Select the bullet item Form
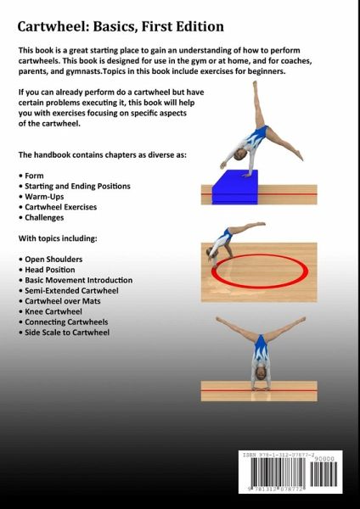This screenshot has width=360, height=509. [x=31, y=176]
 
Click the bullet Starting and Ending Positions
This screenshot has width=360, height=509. [x=75, y=187]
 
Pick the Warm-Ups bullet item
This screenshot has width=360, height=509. [x=42, y=197]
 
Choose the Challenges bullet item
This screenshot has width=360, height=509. [x=42, y=217]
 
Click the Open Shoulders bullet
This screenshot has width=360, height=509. [x=51, y=260]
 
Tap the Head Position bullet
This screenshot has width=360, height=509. [x=47, y=270]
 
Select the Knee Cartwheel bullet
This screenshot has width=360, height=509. [x=50, y=311]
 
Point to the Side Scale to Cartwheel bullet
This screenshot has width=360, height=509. [x=65, y=333]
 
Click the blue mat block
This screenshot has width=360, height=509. [x=235, y=187]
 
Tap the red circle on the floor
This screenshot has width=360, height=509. [x=260, y=255]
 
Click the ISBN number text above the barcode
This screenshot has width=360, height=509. [x=278, y=455]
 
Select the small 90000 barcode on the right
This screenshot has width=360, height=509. [x=323, y=473]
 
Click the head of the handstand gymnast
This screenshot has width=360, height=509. [x=261, y=373]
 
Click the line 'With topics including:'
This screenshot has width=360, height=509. [x=58, y=238]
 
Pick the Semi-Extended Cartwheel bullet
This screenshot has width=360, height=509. [x=69, y=290]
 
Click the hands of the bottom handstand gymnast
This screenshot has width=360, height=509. [x=261, y=388]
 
